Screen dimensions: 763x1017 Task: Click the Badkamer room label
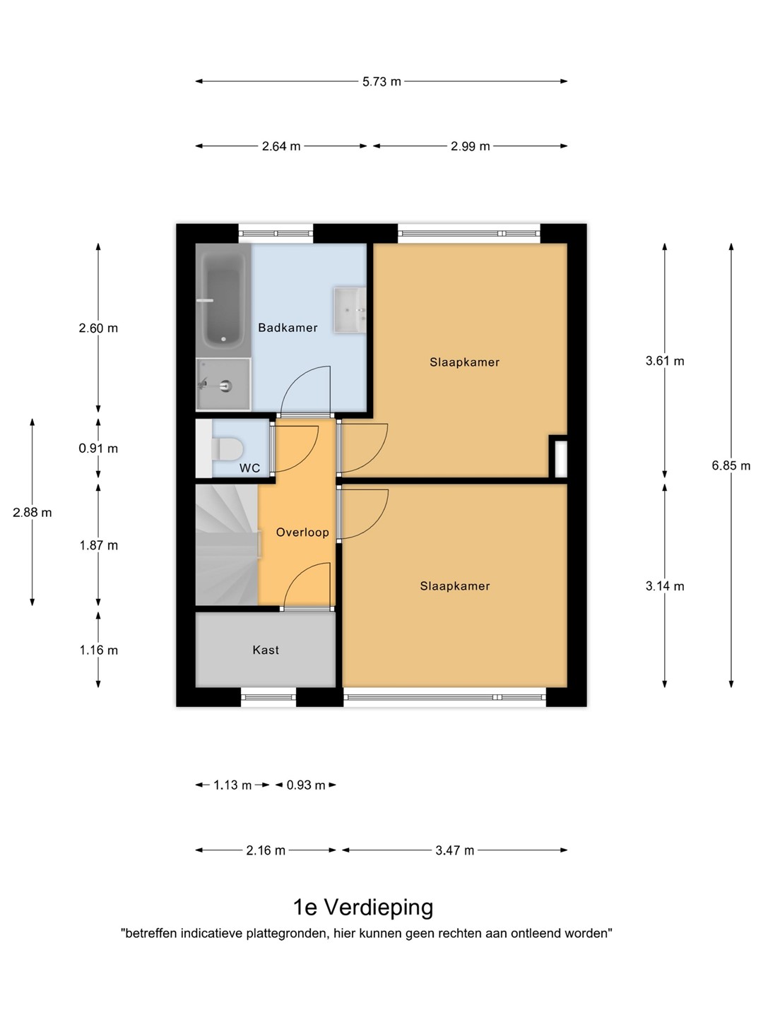pyautogui.click(x=288, y=328)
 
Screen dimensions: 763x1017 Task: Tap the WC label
pyautogui.click(x=249, y=468)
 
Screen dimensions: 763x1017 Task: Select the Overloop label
pyautogui.click(x=302, y=532)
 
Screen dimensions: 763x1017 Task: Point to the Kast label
pyautogui.click(x=266, y=650)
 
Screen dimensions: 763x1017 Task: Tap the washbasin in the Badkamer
pyautogui.click(x=350, y=309)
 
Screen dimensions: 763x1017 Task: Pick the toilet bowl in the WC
pyautogui.click(x=227, y=448)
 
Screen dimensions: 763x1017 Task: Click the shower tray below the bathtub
pyautogui.click(x=223, y=384)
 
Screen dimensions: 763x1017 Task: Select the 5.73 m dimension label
pyautogui.click(x=381, y=81)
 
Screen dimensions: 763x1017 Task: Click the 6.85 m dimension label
pyautogui.click(x=731, y=465)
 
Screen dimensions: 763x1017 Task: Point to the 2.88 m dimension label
pyautogui.click(x=32, y=512)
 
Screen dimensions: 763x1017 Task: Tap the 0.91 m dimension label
pyautogui.click(x=98, y=448)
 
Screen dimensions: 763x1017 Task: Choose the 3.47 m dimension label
pyautogui.click(x=455, y=850)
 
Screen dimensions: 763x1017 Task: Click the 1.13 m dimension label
pyautogui.click(x=232, y=785)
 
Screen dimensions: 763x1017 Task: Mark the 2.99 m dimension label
pyautogui.click(x=471, y=146)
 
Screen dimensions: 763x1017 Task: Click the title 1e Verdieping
pyautogui.click(x=364, y=907)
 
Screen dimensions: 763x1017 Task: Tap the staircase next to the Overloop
pyautogui.click(x=227, y=545)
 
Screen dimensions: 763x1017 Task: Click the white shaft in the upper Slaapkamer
pyautogui.click(x=560, y=458)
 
